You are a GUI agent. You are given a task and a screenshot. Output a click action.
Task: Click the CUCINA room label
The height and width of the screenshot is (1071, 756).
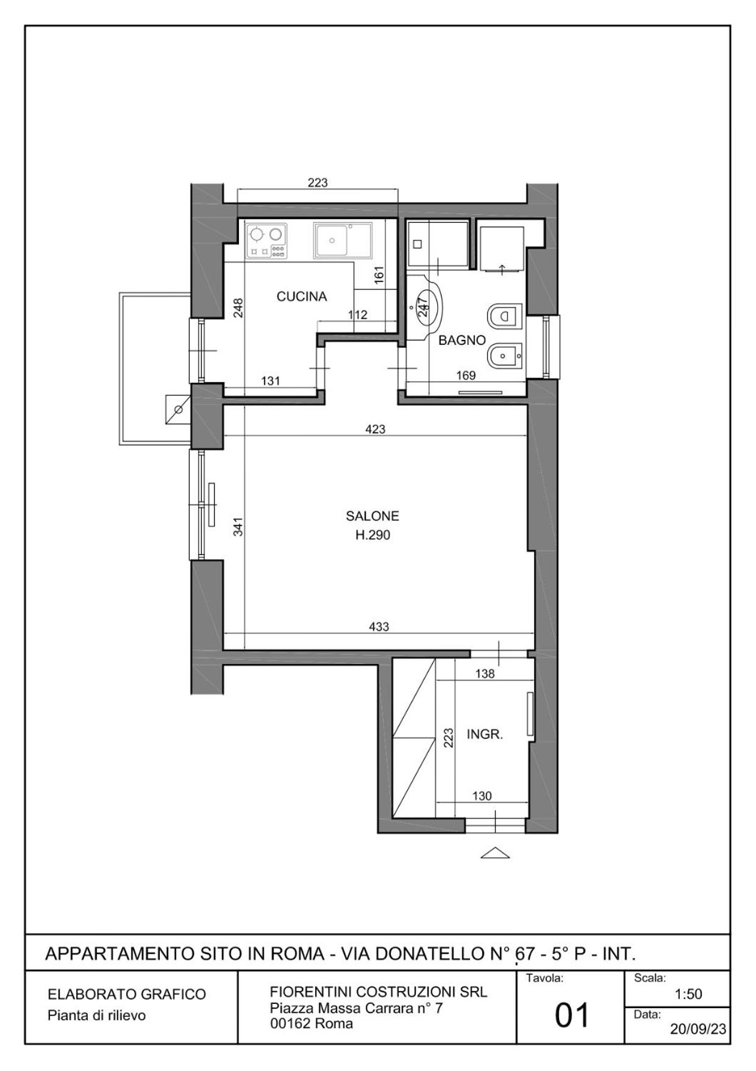point(302,297)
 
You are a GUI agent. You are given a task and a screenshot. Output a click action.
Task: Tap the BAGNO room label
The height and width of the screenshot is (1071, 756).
point(462,341)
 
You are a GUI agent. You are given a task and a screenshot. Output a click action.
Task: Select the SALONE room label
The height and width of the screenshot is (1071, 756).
point(373,516)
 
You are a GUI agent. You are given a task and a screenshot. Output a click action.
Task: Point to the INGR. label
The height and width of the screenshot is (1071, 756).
point(485,735)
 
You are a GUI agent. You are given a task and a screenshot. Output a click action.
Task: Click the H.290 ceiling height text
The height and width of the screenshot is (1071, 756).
point(373,535)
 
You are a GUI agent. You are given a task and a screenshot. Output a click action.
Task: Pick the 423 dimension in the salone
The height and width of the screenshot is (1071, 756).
point(376,429)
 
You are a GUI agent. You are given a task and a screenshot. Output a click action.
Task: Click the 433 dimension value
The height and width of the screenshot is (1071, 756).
point(379,627)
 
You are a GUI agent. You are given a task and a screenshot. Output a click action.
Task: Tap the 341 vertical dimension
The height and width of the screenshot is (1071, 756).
point(238,527)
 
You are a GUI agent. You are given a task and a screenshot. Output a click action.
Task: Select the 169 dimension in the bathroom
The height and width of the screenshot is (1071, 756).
point(466,375)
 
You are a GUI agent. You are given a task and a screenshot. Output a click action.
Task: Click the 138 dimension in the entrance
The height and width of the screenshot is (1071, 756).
point(485,674)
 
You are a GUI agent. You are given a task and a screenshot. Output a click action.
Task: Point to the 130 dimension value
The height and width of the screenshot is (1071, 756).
point(482,796)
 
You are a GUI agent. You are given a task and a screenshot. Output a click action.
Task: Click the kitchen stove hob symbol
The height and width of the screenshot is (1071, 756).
point(266,240)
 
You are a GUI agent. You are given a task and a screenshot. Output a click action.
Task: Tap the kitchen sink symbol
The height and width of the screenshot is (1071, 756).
point(343,240)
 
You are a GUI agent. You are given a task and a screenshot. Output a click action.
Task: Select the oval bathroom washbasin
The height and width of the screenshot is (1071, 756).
point(428,305)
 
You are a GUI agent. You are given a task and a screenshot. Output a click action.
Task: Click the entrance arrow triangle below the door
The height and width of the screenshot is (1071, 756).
point(495,853)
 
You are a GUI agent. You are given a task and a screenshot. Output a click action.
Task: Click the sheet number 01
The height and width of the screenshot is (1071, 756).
point(572,1015)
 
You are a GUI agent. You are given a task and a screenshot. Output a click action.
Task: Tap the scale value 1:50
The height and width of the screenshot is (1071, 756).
point(688,994)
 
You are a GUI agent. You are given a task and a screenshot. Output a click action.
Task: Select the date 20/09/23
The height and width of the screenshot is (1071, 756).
point(698,1029)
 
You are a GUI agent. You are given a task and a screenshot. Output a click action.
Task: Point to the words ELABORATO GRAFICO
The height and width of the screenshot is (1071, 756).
point(127,994)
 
